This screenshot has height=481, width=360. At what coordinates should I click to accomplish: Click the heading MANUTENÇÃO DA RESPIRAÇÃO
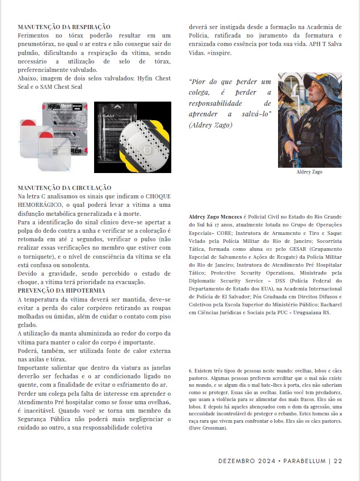[x=64, y=26]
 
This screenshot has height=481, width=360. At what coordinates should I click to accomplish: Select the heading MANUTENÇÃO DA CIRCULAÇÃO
[x=64, y=188]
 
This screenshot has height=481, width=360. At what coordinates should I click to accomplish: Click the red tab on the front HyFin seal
[x=47, y=136]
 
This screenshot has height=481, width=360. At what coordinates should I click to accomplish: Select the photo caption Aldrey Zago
[x=309, y=172]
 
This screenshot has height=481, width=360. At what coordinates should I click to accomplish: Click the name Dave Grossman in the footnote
[x=209, y=427]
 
